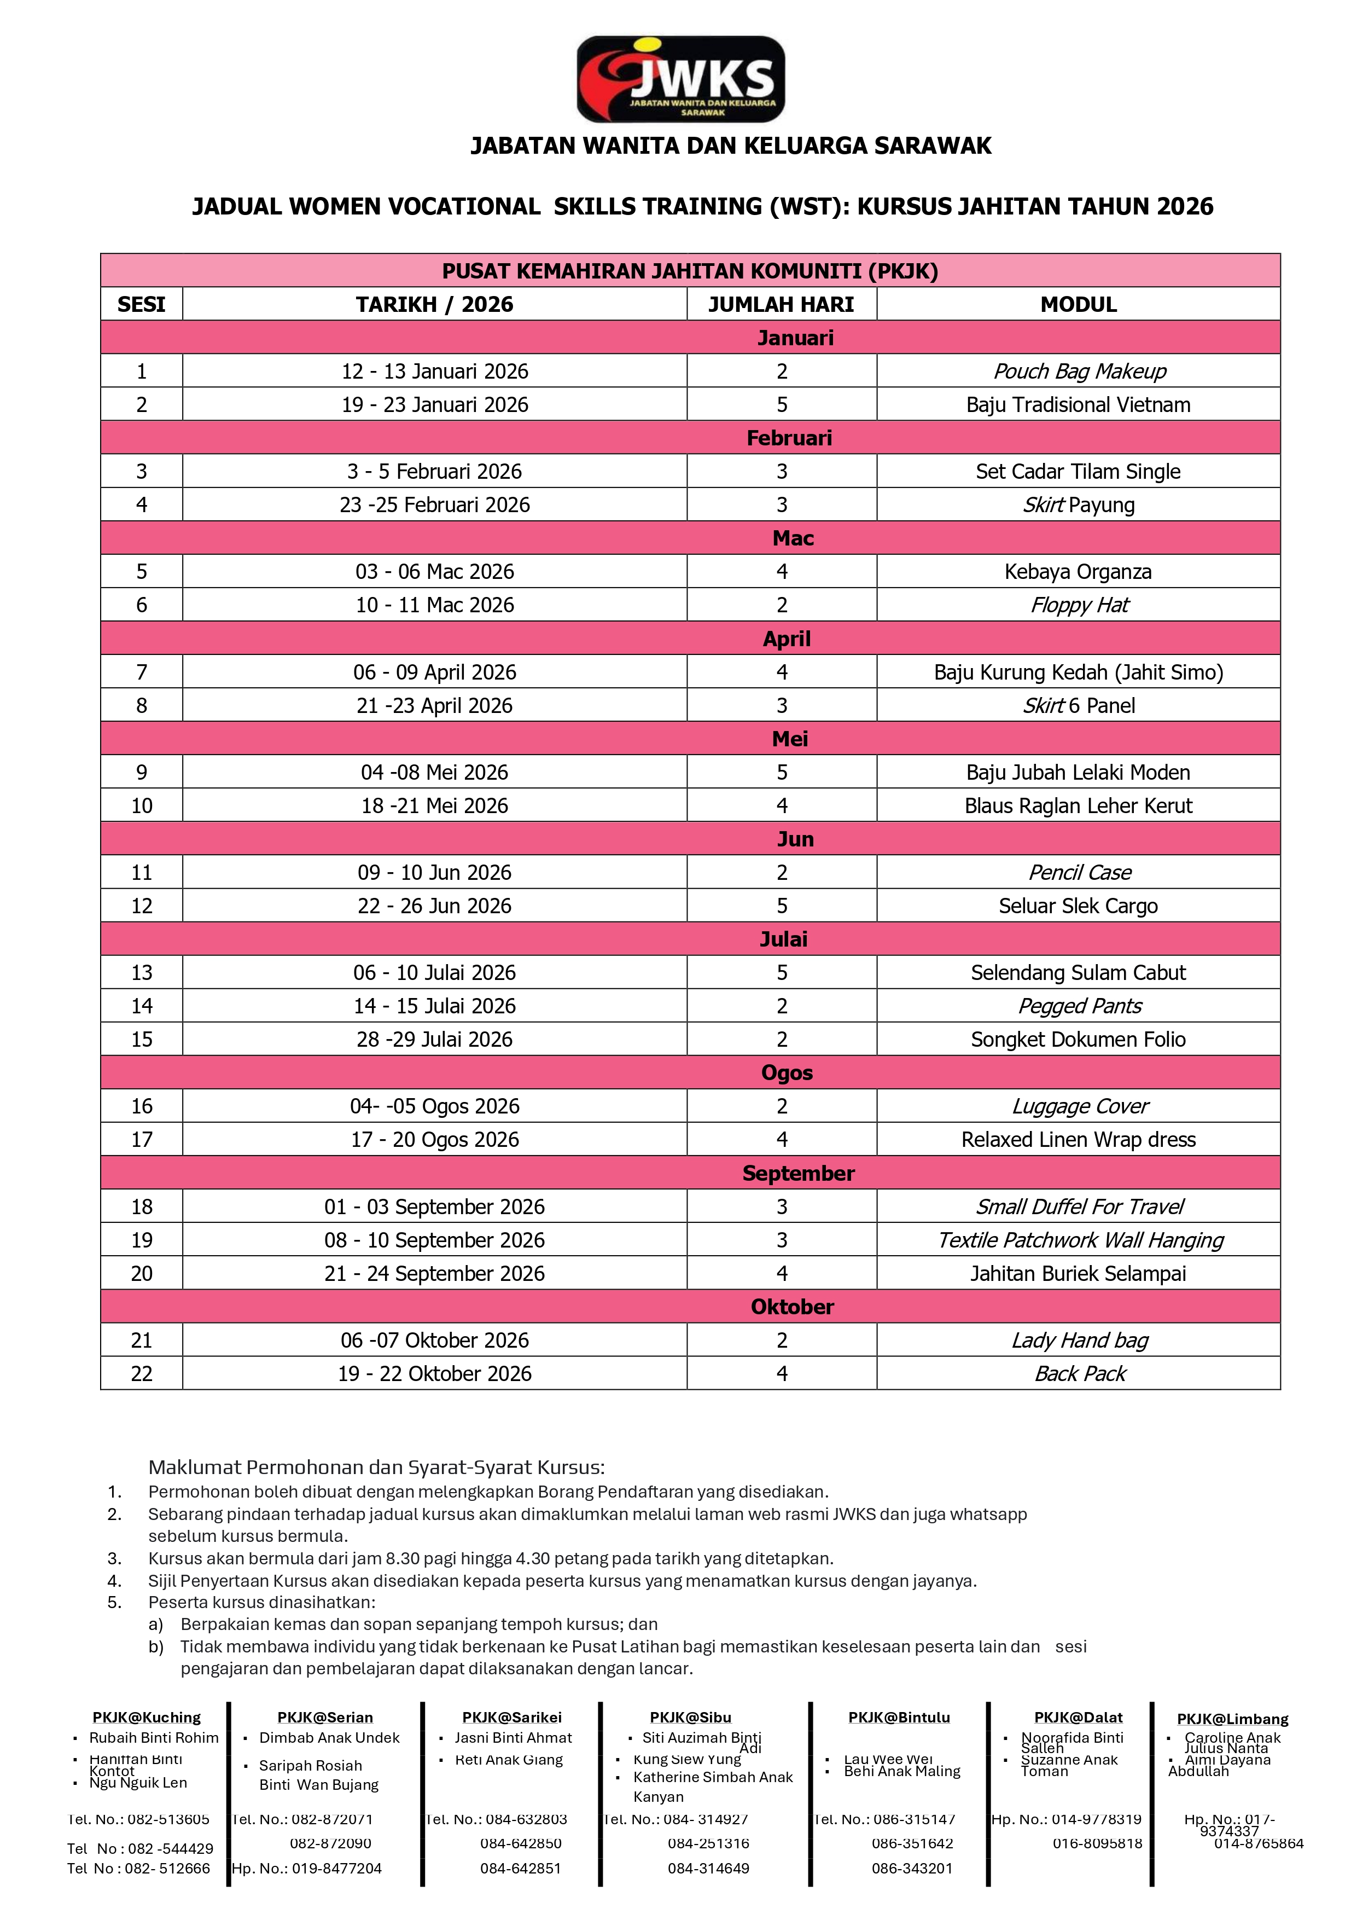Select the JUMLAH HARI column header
[x=781, y=304]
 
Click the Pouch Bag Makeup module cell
[x=1079, y=372]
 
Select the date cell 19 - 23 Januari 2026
[x=435, y=405]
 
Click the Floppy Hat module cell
[x=1079, y=605]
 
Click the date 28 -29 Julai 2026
[x=435, y=1040]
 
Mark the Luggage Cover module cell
[x=1079, y=1106]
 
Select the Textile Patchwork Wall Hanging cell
[x=1079, y=1240]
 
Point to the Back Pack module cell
[x=1079, y=1374]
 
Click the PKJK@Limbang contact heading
[x=1232, y=1719]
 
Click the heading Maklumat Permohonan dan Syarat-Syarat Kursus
[x=376, y=1467]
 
